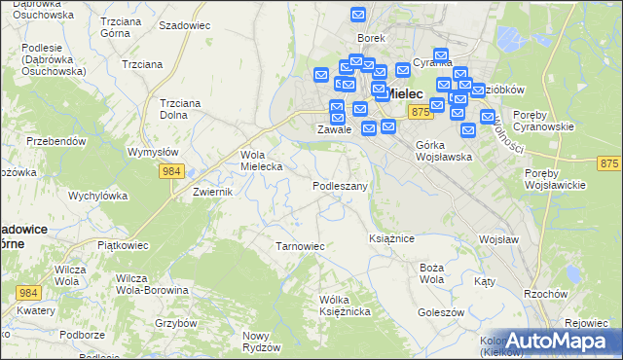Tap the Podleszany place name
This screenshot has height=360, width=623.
click(340, 185)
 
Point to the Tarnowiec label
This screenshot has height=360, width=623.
click(300, 246)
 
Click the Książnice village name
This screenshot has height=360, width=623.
click(392, 237)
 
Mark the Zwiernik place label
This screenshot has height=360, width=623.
click(211, 193)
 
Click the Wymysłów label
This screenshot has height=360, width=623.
click(153, 152)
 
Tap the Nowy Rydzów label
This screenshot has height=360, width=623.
click(260, 342)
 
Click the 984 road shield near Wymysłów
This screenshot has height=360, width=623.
click(172, 171)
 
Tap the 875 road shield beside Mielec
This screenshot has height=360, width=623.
click(421, 114)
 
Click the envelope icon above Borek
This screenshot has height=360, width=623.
click(358, 16)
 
